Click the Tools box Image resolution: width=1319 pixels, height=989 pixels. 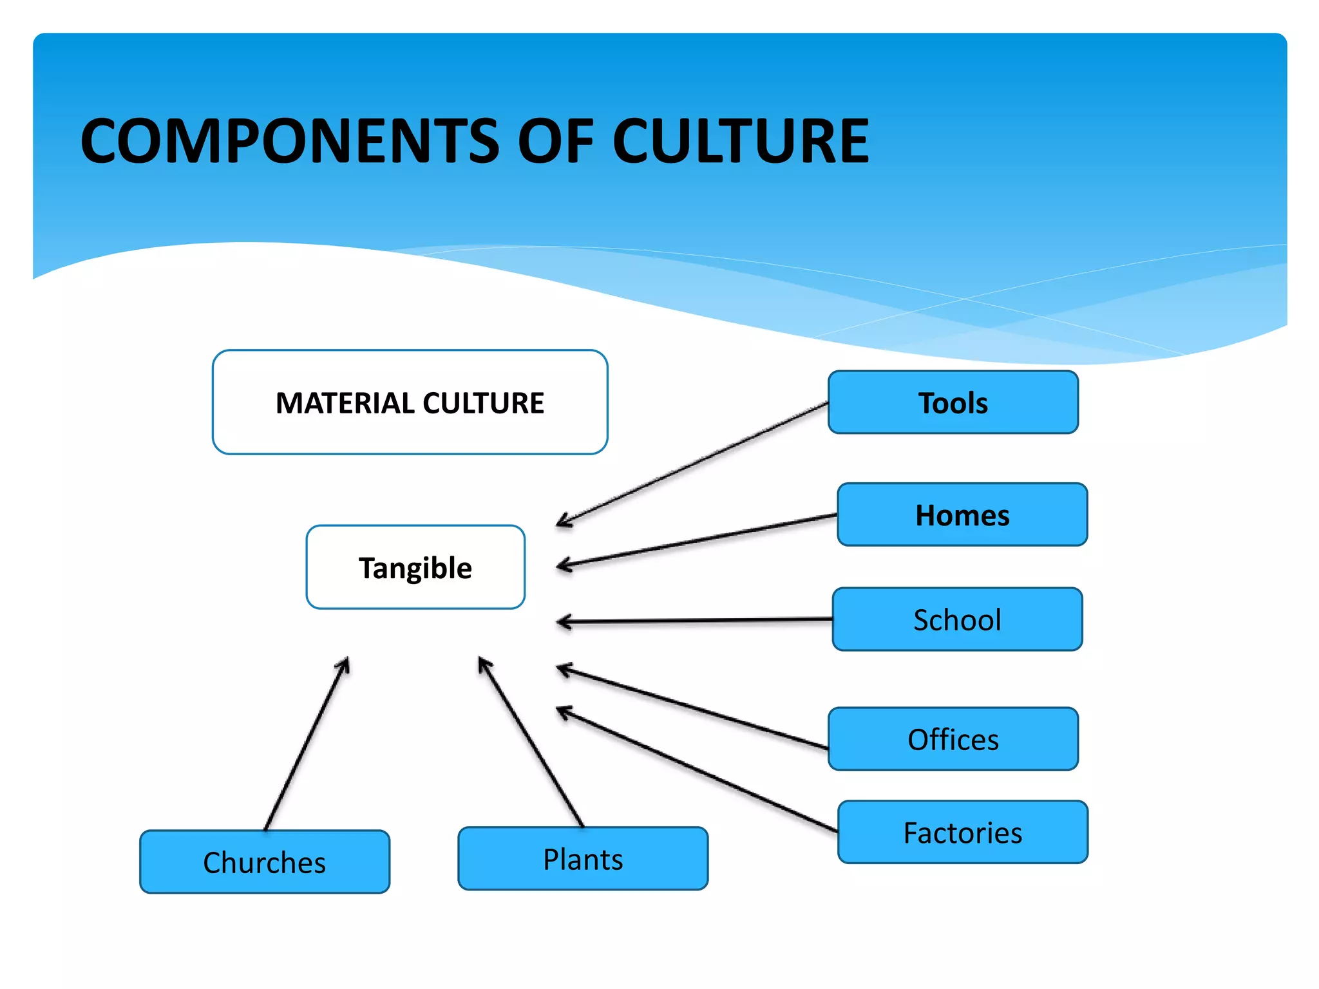coord(953,402)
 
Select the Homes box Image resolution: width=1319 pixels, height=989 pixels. coord(962,515)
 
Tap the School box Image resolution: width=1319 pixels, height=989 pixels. coord(957,619)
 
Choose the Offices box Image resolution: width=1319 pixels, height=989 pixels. coord(953,739)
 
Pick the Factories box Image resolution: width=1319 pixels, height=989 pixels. coord(962,833)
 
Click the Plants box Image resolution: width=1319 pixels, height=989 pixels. coord(583,859)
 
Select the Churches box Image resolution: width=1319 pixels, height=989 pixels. coord(265,862)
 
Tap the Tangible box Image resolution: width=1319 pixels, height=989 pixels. coord(415,567)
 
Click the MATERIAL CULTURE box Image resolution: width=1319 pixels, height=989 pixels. coord(410,402)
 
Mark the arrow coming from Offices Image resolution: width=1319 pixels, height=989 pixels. coord(692,709)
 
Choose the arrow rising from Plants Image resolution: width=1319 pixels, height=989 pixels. coord(531,742)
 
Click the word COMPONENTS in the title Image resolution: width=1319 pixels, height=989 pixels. coord(290,142)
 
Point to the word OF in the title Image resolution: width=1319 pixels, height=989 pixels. coord(556,142)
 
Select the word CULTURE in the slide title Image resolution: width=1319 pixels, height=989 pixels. coord(741,142)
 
